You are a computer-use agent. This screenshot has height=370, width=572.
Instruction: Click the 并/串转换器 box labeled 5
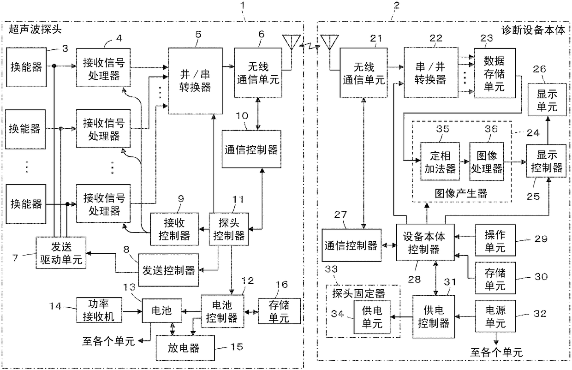pyautogui.click(x=195, y=81)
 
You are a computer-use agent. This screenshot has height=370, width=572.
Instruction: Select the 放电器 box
pyautogui.click(x=185, y=347)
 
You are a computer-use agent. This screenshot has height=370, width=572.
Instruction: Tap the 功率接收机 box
pyautogui.click(x=99, y=310)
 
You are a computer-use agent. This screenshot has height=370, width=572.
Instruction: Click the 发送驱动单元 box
pyautogui.click(x=61, y=252)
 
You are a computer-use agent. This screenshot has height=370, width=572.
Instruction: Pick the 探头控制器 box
pyautogui.click(x=229, y=229)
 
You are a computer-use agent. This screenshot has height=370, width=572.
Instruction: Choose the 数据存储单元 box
pyautogui.click(x=495, y=73)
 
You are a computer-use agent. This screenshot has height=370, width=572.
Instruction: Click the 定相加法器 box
pyautogui.click(x=440, y=161)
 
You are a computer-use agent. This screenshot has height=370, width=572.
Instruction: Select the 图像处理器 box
pyautogui.click(x=487, y=161)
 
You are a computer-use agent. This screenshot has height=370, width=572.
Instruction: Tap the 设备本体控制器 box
pyautogui.click(x=425, y=242)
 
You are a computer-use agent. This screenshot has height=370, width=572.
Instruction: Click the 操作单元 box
pyautogui.click(x=495, y=240)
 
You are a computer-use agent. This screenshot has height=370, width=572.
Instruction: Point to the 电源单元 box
pyautogui.click(x=495, y=316)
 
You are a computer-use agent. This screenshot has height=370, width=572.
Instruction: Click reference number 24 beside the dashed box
pyautogui.click(x=533, y=133)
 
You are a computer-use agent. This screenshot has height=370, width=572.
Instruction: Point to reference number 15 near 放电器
pyautogui.click(x=237, y=347)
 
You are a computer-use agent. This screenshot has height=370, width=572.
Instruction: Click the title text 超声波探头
pyautogui.click(x=35, y=29)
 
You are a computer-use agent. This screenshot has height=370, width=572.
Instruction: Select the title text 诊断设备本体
pyautogui.click(x=533, y=30)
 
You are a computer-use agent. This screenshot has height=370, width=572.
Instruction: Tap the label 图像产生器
pyautogui.click(x=461, y=193)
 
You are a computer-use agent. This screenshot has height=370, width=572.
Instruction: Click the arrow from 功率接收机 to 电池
pyautogui.click(x=132, y=311)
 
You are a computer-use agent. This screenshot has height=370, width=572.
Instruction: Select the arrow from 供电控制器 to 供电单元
pyautogui.click(x=401, y=317)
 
